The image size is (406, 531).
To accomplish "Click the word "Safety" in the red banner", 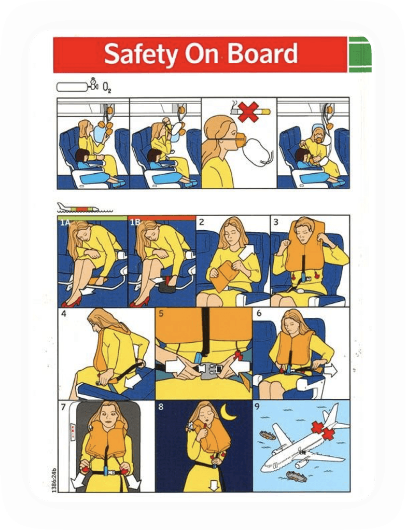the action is point(141,54).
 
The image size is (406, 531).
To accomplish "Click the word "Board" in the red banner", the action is point(262,53).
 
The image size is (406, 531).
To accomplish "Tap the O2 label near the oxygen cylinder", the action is point(107,89).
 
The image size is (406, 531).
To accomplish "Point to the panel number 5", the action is point(161,314).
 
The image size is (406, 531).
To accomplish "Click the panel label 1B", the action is point(135,222).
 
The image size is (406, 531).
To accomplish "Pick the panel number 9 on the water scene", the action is point(257,406).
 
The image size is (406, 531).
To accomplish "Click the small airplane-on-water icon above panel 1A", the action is point(85,207).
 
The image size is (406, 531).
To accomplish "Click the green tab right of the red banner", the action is point(360,54).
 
